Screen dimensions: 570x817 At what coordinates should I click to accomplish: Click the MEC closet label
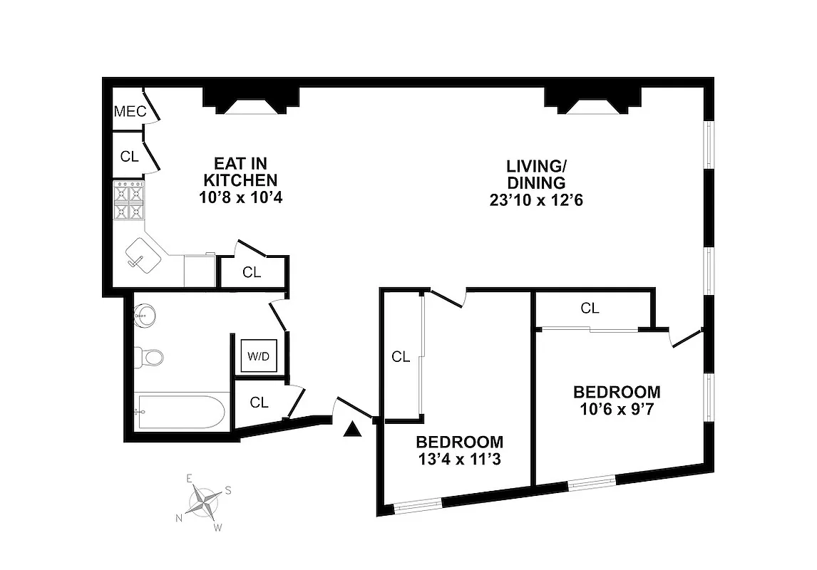130,112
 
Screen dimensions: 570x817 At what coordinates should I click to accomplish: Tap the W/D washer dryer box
259,356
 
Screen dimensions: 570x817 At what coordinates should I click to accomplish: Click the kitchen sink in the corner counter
143,254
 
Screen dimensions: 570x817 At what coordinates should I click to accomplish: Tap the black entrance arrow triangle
351,429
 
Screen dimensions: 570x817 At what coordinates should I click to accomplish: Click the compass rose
204,503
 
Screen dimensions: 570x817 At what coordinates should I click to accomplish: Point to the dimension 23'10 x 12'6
535,200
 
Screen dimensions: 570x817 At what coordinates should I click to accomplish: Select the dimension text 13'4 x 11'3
460,459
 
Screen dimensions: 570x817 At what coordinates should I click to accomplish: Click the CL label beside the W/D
259,403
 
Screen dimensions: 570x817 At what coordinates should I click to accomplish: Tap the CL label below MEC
129,157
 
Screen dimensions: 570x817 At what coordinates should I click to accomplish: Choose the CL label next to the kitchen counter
251,272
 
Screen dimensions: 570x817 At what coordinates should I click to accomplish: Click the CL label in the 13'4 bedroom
401,358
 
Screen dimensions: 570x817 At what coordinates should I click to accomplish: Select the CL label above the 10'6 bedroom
589,309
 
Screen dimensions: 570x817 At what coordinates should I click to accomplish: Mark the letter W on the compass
219,528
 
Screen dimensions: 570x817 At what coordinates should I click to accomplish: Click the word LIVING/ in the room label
535,166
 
